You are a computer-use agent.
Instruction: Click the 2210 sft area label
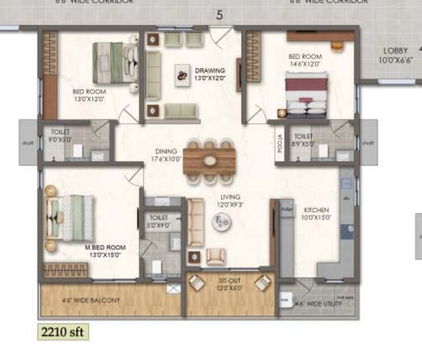[62, 331]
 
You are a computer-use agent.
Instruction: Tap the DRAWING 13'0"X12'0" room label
[210, 74]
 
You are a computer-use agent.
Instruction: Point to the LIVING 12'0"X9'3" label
[232, 201]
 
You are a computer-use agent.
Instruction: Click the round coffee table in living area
[221, 222]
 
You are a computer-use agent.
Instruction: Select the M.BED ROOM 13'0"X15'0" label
[105, 251]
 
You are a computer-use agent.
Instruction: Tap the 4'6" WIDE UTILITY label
[320, 304]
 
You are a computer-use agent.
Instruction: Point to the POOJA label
[280, 139]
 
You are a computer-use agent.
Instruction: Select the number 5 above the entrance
[219, 15]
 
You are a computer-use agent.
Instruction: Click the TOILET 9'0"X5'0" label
[60, 135]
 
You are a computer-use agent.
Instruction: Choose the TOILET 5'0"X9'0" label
[159, 221]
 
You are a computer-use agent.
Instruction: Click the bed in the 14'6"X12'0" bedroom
[306, 94]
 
